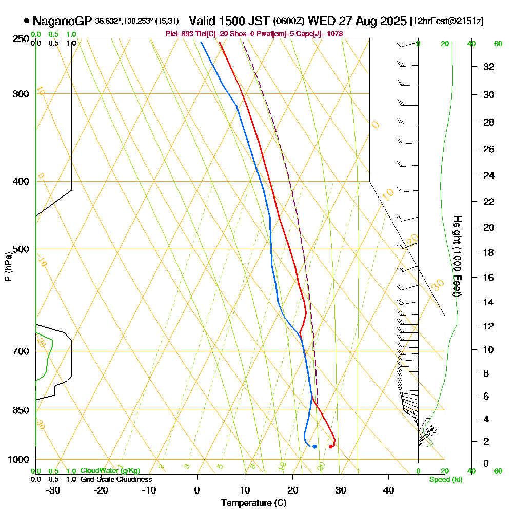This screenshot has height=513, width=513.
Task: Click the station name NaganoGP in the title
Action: coord(62,21)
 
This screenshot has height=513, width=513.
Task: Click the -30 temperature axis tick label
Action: coord(53,490)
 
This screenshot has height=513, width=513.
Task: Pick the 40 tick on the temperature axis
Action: coord(388,490)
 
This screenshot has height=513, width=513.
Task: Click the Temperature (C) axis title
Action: coord(253,503)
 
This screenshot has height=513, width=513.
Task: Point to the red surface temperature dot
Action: coord(331,446)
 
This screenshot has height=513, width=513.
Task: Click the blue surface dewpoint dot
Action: coord(314,446)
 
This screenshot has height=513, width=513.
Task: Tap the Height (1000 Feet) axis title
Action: coord(456,255)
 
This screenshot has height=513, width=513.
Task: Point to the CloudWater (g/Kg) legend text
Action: coord(110,471)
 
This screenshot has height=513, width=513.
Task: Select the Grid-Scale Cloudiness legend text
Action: coord(116,479)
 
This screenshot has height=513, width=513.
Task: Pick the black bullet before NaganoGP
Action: coord(26,21)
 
